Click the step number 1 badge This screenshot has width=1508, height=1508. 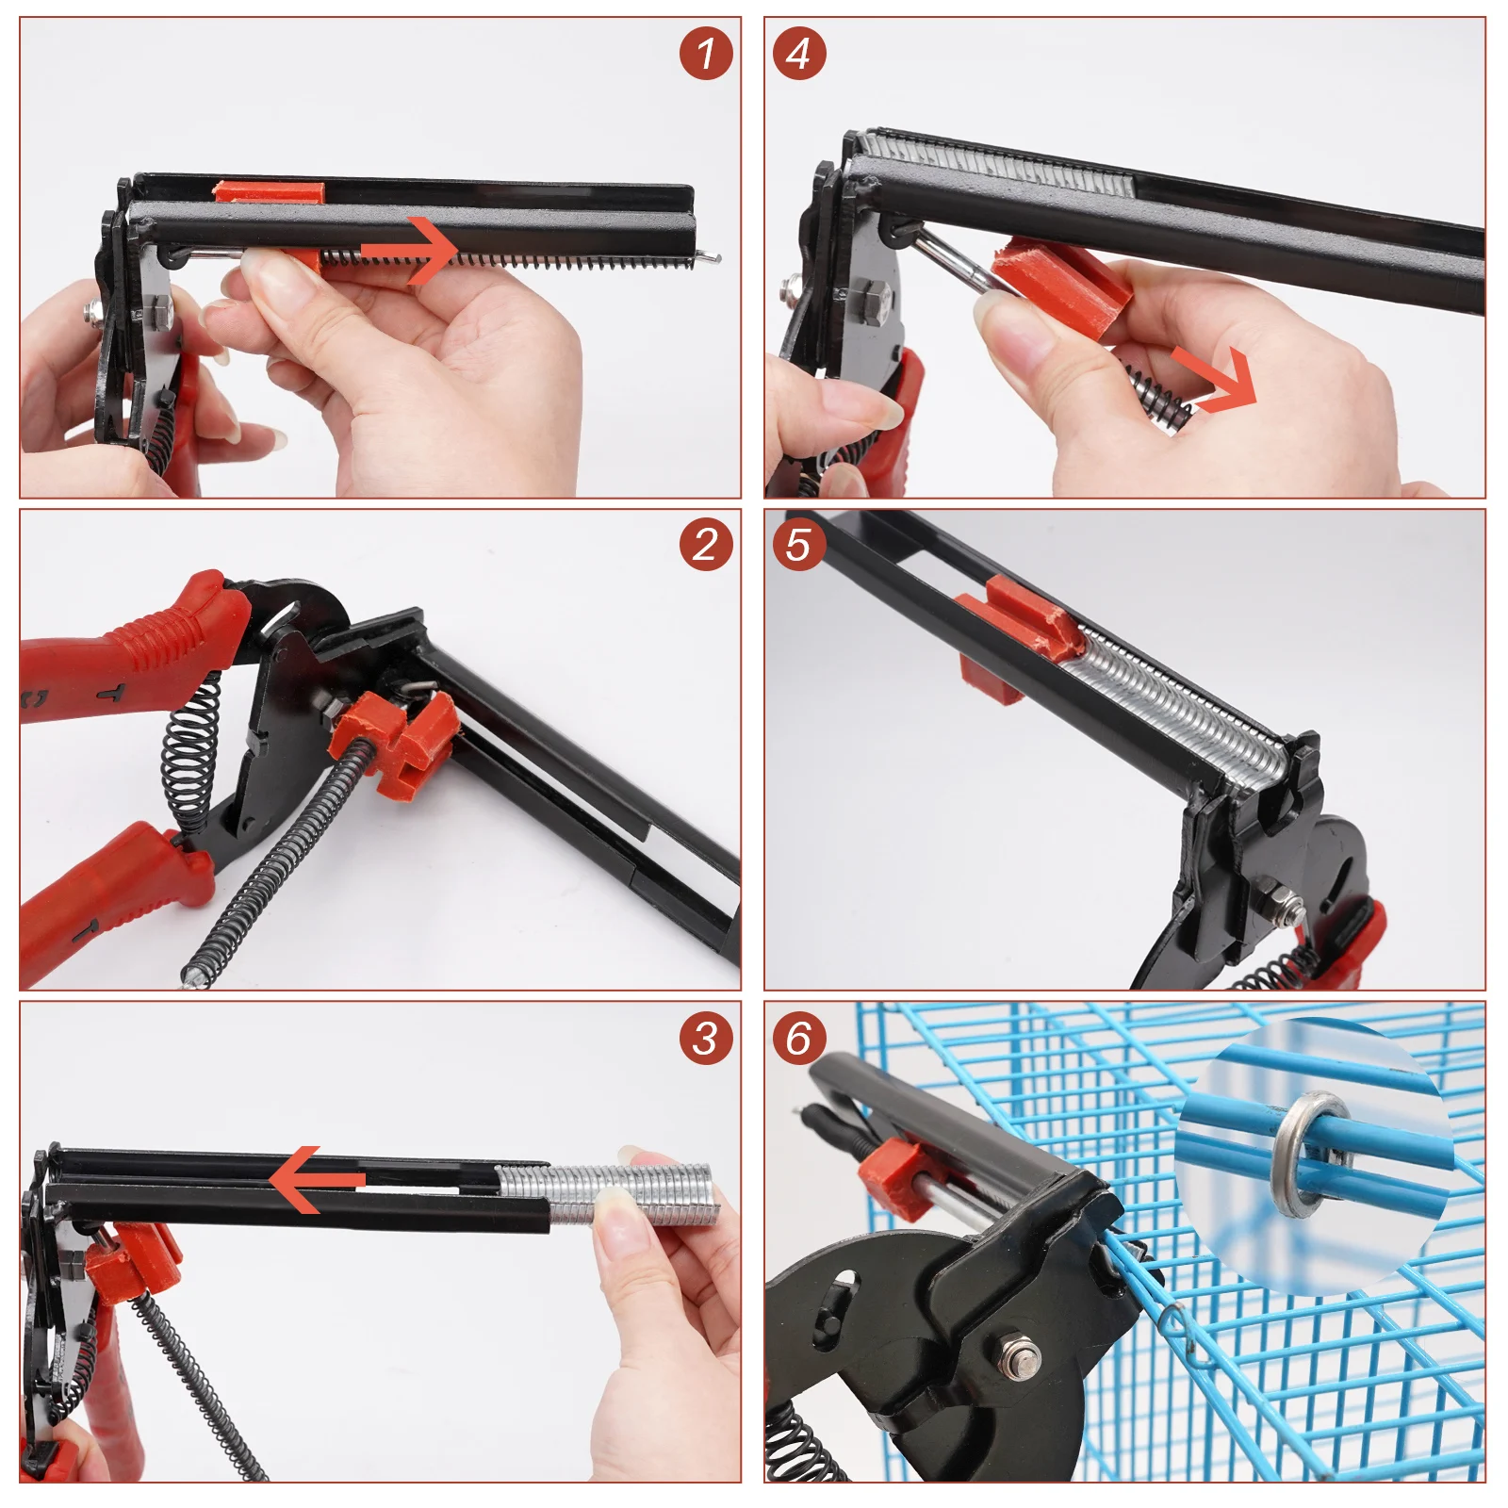click(x=706, y=53)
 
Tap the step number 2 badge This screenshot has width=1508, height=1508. click(x=706, y=545)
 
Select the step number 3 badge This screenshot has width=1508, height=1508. click(x=706, y=1039)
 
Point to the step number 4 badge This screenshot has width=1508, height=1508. click(x=799, y=53)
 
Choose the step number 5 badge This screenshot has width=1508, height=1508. click(x=799, y=545)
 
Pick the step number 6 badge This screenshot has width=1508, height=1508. click(x=799, y=1039)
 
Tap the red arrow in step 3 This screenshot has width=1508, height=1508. click(x=317, y=1179)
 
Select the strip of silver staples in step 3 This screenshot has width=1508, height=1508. click(x=603, y=1194)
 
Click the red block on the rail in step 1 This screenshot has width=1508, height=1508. click(x=270, y=191)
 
